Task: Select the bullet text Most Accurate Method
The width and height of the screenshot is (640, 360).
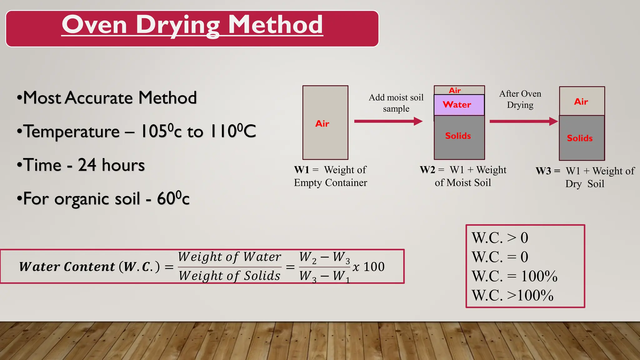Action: [110, 98]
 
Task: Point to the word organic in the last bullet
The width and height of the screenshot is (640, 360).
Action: [97, 199]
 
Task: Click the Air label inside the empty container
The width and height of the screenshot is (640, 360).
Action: [322, 124]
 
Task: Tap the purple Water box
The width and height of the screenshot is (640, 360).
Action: [459, 105]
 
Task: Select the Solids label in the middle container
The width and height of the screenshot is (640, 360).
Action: [458, 136]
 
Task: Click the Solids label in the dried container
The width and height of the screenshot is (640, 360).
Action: [580, 138]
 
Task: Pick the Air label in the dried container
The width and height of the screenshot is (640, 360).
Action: [581, 102]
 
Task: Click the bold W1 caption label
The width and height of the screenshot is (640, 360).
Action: [301, 170]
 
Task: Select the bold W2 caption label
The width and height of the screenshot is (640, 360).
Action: [427, 170]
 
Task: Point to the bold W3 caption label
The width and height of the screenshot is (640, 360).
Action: [543, 171]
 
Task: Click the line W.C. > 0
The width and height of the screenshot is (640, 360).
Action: [500, 238]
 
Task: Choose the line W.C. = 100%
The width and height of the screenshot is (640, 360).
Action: [514, 276]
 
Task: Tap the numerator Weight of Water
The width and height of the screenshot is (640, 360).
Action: [229, 257]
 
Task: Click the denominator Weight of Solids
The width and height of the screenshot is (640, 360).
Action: [229, 276]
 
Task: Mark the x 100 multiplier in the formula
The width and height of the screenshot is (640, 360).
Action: [368, 267]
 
